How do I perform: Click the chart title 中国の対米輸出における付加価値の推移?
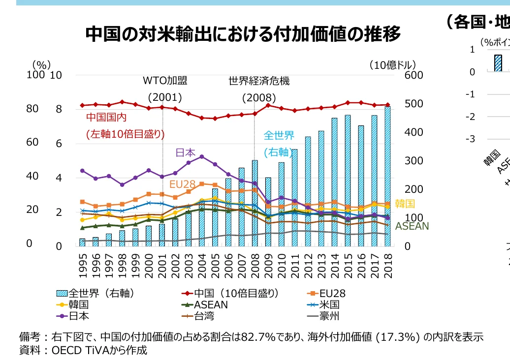(x=243, y=34)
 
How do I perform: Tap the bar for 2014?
(x=334, y=182)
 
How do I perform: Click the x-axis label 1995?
(x=83, y=266)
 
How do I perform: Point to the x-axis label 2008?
(x=255, y=266)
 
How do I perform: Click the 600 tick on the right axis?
(x=414, y=75)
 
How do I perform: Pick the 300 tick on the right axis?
(x=414, y=161)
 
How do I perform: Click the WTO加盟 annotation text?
(x=162, y=81)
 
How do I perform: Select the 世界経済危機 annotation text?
(x=259, y=81)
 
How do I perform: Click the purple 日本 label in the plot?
(x=186, y=152)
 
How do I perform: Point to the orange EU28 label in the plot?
(x=180, y=184)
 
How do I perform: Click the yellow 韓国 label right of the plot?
(x=405, y=204)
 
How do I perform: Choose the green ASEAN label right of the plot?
(x=412, y=226)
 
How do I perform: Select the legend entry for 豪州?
(x=329, y=316)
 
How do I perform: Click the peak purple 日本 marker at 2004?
(x=201, y=156)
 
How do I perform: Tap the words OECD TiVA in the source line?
(x=79, y=350)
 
